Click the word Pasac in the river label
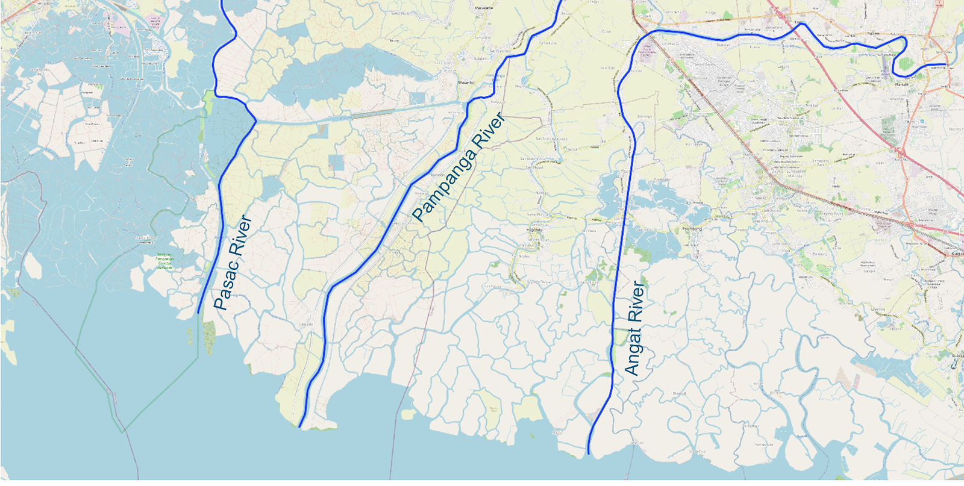click(x=224, y=288)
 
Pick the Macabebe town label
click(x=484, y=8)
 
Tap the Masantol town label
click(x=466, y=83)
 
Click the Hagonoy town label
click(x=534, y=229)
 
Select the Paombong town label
click(x=692, y=229)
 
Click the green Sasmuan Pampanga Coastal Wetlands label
click(x=164, y=260)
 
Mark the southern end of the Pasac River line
click(x=198, y=313)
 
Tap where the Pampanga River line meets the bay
click(x=299, y=427)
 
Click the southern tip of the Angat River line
click(x=588, y=453)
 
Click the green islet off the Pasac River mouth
click(x=209, y=337)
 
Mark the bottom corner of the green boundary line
click(x=124, y=432)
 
